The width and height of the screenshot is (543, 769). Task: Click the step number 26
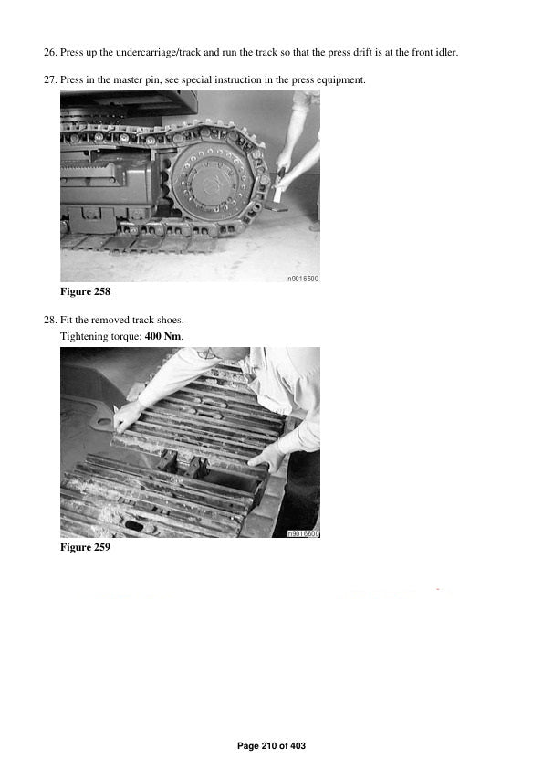coord(50,52)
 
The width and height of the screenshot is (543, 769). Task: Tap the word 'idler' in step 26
coord(445,52)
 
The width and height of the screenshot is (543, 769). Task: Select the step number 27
coord(50,79)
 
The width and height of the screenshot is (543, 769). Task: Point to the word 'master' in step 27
coord(129,79)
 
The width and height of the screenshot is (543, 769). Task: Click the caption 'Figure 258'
coord(85,291)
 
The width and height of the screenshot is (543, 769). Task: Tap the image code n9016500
coord(303,279)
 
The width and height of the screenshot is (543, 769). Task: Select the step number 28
coord(50,320)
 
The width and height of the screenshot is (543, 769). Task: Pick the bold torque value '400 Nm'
coord(162,336)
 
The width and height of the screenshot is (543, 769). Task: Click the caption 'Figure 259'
coord(85,547)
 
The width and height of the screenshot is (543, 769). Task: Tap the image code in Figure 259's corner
coord(303,533)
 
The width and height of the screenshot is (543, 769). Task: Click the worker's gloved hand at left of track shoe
coord(127,416)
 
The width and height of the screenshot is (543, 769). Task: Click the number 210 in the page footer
coord(269,746)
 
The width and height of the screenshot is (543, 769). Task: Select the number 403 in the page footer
coord(298,746)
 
